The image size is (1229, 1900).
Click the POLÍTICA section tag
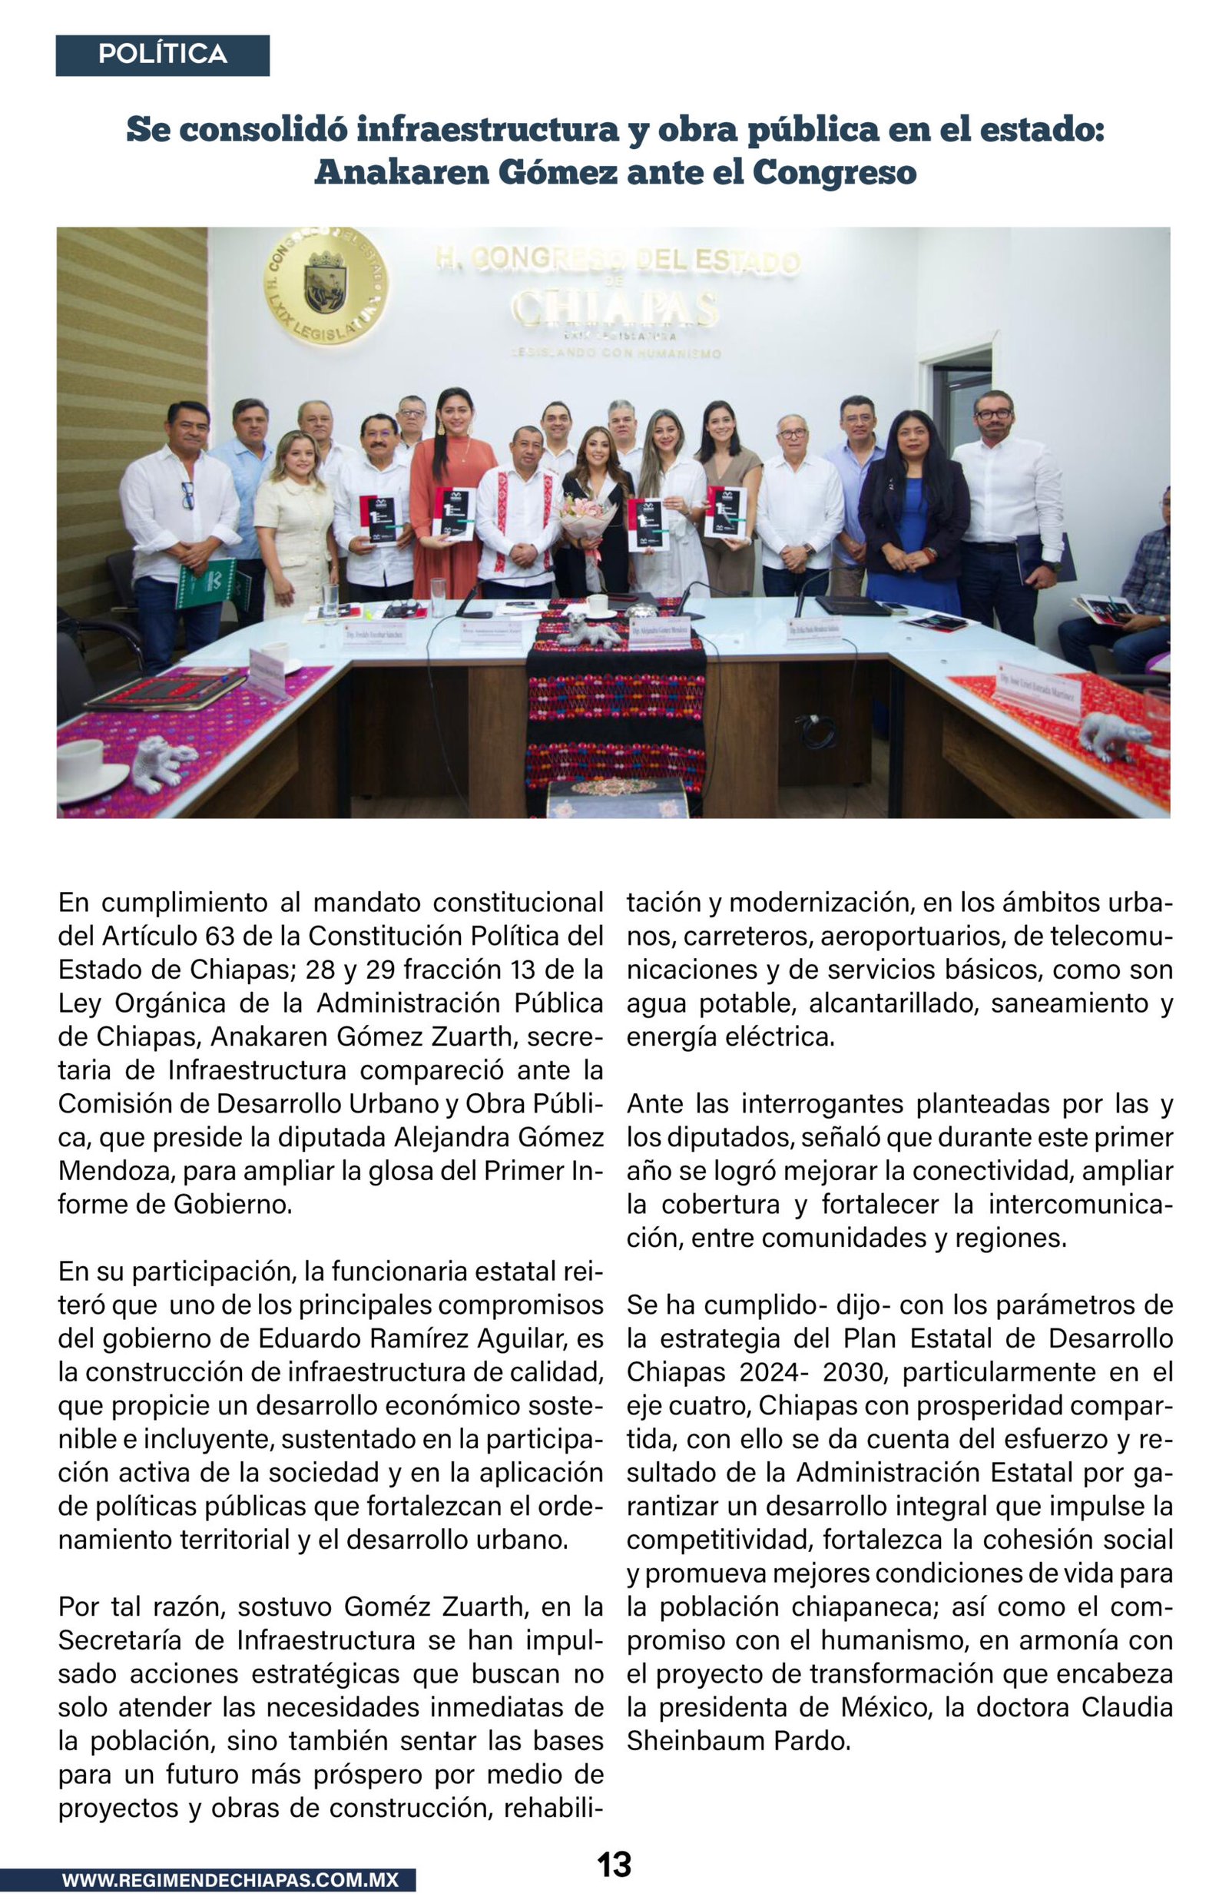[x=162, y=55]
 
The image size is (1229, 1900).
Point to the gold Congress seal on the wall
[x=326, y=286]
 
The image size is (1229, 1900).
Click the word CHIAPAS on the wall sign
[x=614, y=308]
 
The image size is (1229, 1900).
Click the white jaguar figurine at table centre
[x=589, y=632]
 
